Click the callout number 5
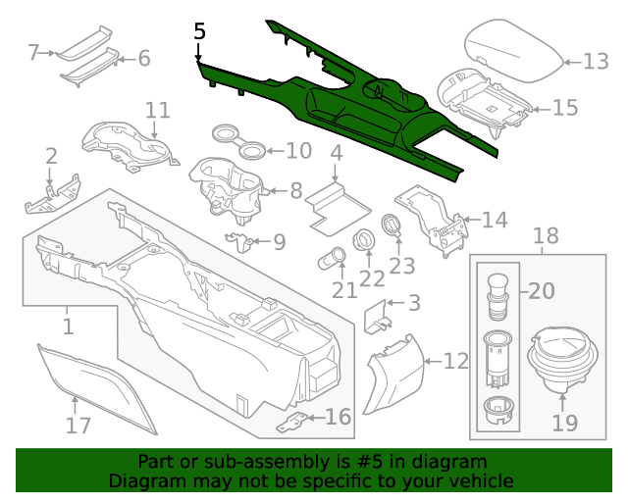click(x=200, y=31)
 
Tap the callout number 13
click(x=595, y=62)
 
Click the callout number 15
click(x=564, y=107)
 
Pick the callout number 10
click(x=297, y=151)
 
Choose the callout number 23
click(x=402, y=266)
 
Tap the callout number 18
click(x=545, y=236)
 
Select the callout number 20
click(x=542, y=291)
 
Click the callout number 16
click(x=338, y=418)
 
